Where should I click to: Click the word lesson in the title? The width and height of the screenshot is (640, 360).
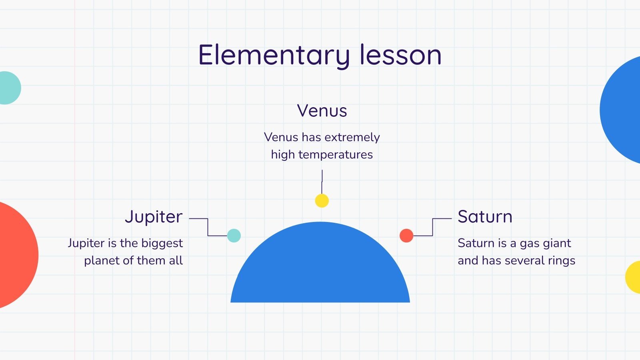coord(400,55)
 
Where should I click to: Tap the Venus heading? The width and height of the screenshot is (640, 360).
coord(322,111)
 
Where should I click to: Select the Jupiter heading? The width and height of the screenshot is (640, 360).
coord(154,217)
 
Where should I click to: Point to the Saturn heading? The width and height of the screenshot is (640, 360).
coord(485,217)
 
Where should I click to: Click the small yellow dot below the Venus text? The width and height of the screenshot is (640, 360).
coord(322,200)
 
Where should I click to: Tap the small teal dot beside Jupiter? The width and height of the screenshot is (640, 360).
coord(234,236)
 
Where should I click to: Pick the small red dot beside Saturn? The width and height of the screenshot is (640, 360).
coord(406,236)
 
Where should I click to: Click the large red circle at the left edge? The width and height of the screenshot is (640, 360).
coord(14,255)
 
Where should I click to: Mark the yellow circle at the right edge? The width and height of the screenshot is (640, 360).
coord(634,277)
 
